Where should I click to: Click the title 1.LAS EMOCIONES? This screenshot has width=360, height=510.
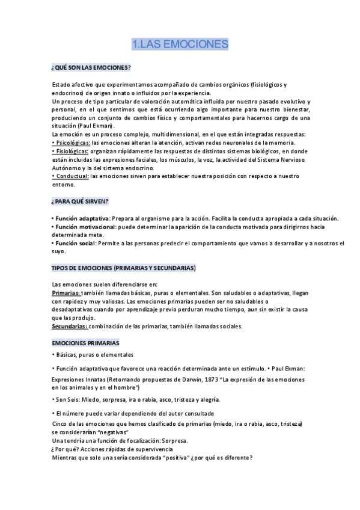(180, 44)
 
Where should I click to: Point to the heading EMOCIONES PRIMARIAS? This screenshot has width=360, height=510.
(85, 342)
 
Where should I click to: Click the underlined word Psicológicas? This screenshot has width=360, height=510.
(72, 143)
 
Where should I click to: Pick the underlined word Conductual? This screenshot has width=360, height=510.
(71, 176)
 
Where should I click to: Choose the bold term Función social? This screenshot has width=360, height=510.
(75, 243)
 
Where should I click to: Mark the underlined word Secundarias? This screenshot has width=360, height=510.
(70, 326)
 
